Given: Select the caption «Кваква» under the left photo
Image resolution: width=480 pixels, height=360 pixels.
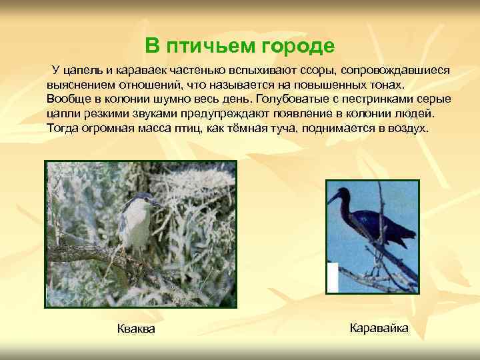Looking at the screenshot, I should click(136, 329).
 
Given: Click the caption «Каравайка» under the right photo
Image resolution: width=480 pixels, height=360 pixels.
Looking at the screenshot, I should click(379, 328).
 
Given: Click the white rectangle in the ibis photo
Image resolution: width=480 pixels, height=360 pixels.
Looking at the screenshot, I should click(332, 277).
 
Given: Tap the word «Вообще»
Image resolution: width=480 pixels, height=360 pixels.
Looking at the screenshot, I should click(67, 99).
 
